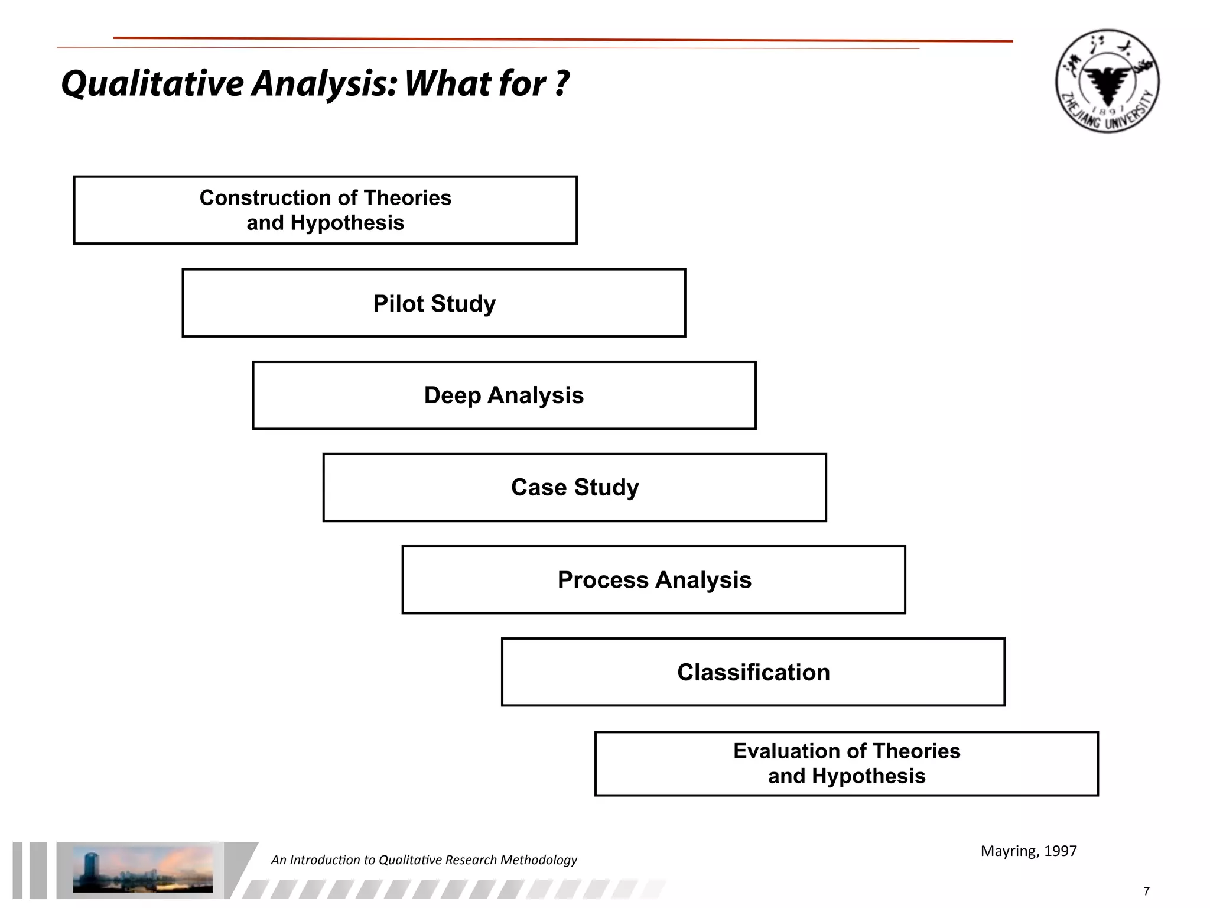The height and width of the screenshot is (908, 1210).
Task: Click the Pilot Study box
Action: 434,303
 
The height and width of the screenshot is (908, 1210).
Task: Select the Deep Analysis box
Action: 504,395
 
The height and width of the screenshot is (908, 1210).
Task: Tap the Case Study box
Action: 574,488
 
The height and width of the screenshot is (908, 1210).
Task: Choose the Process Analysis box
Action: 653,580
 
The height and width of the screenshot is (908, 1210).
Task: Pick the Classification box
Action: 753,672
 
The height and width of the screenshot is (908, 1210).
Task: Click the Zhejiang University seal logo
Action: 1107,81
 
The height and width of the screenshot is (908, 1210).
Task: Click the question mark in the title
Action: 562,83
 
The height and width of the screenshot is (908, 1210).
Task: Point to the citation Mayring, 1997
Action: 1028,851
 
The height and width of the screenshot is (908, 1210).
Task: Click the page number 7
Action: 1146,891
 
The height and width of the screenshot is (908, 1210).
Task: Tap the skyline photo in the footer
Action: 142,869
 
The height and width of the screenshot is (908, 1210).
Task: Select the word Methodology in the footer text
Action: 538,860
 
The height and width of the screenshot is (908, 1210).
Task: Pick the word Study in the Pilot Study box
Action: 463,304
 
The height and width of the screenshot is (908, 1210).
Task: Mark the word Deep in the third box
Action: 452,395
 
